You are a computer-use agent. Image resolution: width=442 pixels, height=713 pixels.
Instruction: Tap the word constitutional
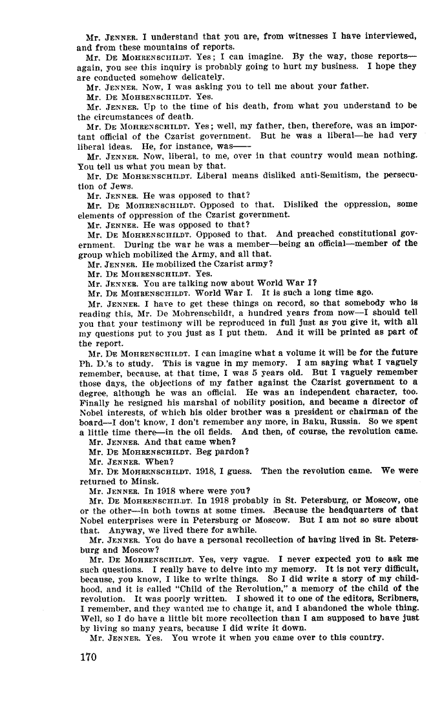tap(363, 234)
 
